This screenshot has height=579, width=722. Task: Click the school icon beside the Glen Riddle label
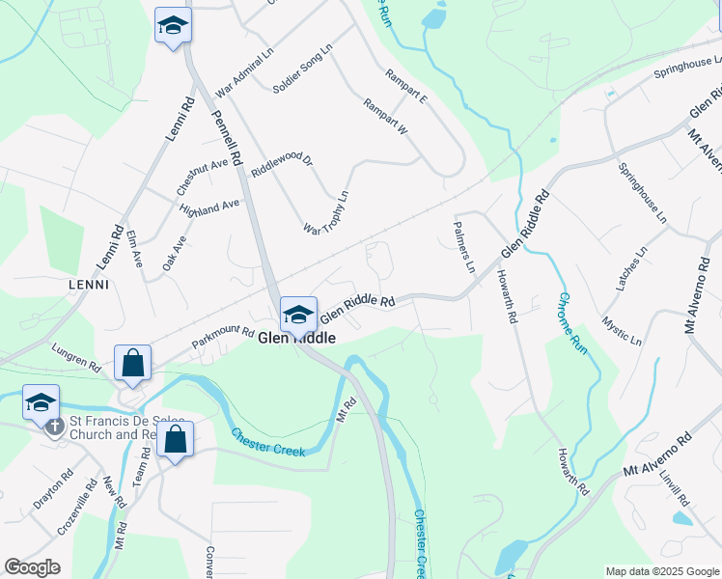(x=299, y=314)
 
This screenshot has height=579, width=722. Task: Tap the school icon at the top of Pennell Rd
(x=174, y=26)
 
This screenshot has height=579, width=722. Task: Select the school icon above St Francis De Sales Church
(x=41, y=402)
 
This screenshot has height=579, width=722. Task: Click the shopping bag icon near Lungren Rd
(x=133, y=364)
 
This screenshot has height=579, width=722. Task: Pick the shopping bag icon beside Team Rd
(x=175, y=439)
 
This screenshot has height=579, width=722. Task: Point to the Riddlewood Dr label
(x=282, y=163)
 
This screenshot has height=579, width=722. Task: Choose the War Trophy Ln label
(x=325, y=213)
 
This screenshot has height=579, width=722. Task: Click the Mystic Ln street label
(x=622, y=329)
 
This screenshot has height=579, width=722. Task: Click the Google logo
(x=33, y=567)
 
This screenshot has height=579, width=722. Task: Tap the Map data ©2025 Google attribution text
(x=661, y=571)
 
